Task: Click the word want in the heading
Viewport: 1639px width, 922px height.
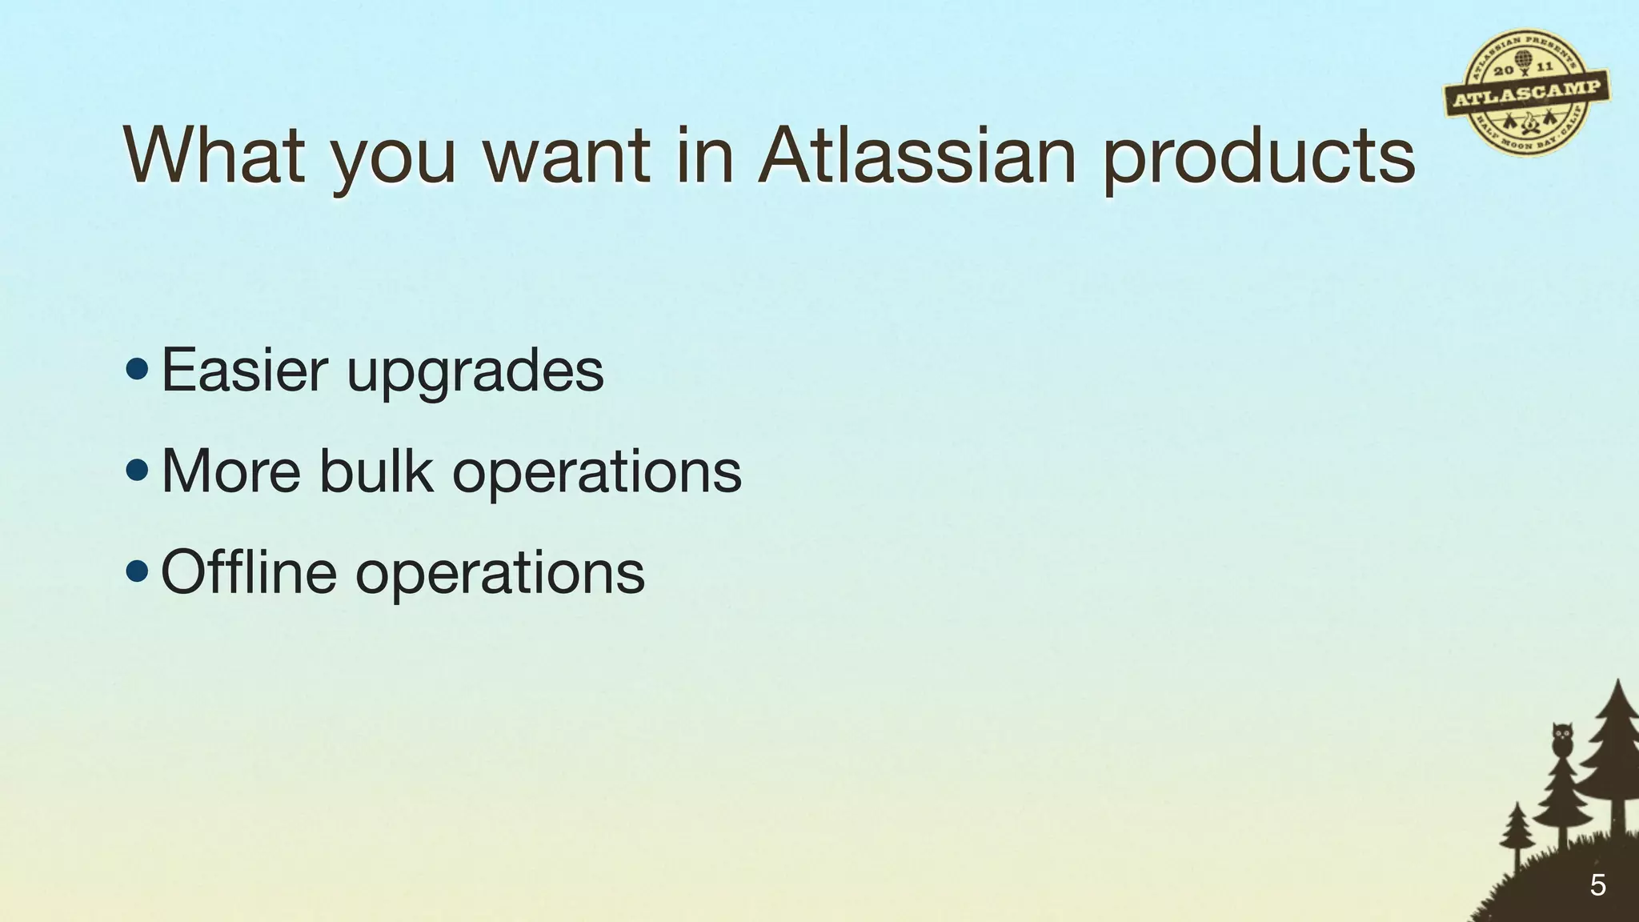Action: pyautogui.click(x=567, y=156)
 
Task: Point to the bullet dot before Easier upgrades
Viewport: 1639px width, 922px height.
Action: pyautogui.click(x=137, y=370)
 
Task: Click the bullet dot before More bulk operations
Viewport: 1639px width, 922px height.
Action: pyautogui.click(x=137, y=471)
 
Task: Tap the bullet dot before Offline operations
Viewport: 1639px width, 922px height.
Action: pyautogui.click(x=137, y=571)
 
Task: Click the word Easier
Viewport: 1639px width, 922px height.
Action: pyautogui.click(x=244, y=370)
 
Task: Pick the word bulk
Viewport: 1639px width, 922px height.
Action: pyautogui.click(x=375, y=471)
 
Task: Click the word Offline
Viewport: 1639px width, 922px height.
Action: pyautogui.click(x=248, y=571)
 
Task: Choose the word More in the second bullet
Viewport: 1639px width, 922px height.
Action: pyautogui.click(x=230, y=471)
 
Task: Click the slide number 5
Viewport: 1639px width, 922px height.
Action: pyautogui.click(x=1597, y=885)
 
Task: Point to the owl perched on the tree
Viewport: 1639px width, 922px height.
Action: pyautogui.click(x=1562, y=739)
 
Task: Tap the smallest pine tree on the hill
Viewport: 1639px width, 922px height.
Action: pyautogui.click(x=1516, y=832)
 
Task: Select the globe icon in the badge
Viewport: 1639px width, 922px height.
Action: pyautogui.click(x=1522, y=62)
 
